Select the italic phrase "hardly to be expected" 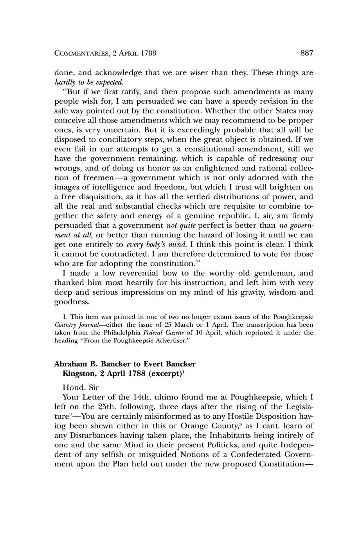tap(89, 82)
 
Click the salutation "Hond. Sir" tap(81, 387)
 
